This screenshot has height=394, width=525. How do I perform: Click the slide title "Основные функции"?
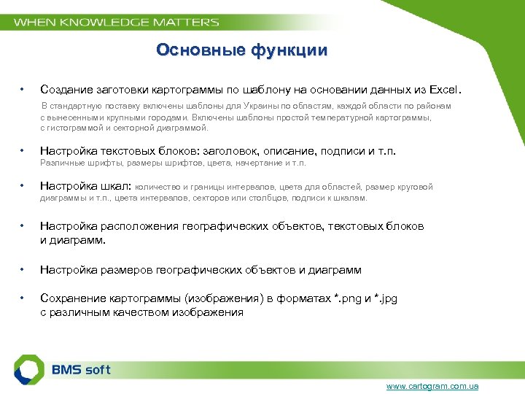point(241,50)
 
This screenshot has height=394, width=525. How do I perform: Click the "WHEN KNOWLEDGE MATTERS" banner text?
point(117,22)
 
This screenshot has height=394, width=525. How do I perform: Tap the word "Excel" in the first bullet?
point(445,90)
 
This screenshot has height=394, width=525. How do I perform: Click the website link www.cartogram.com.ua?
point(432,385)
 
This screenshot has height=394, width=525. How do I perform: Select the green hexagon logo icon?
point(30,368)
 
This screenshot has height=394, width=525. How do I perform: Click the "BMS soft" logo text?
point(81,369)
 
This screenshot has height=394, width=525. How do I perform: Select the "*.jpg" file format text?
point(386,299)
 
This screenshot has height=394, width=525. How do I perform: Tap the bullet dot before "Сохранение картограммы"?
point(23,299)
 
